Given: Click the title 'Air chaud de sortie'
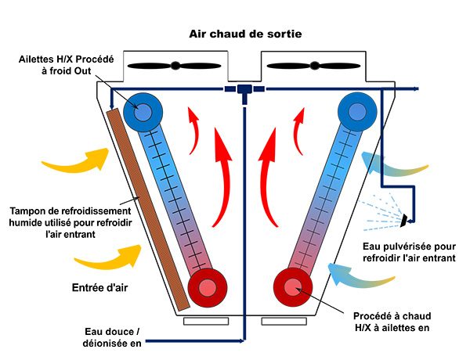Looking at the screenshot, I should pyautogui.click(x=245, y=34).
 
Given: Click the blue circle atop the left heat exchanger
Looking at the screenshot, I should pyautogui.click(x=143, y=112).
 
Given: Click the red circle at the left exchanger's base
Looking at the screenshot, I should pyautogui.click(x=206, y=287).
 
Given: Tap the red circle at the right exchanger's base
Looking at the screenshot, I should pyautogui.click(x=291, y=287).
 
